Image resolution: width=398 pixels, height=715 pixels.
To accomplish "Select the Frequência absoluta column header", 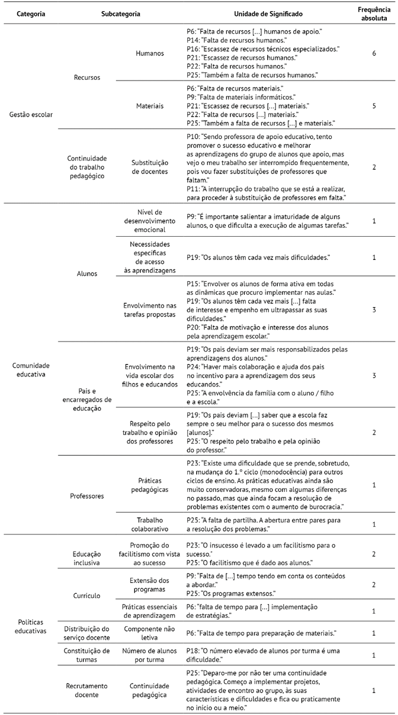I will click(x=374, y=14).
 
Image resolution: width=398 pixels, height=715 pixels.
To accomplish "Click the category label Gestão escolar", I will click(x=31, y=114).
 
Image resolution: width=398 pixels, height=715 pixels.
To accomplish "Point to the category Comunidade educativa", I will click(x=31, y=369).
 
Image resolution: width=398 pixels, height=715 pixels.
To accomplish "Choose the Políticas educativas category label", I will click(x=31, y=626).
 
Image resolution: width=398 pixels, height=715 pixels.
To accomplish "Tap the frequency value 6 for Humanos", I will click(x=374, y=53).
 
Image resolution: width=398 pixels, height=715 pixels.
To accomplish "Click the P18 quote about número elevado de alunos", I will click(x=257, y=655).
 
